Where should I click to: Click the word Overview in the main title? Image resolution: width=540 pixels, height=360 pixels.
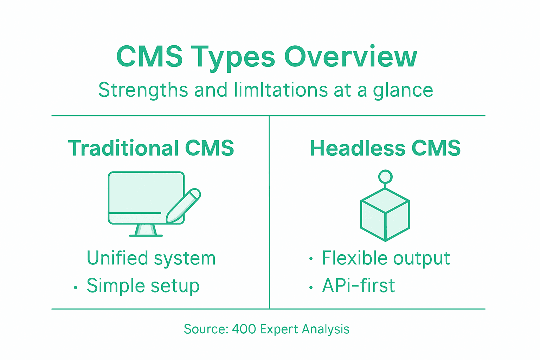pyautogui.click(x=351, y=57)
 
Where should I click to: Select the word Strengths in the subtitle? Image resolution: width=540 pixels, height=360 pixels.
pyautogui.click(x=143, y=90)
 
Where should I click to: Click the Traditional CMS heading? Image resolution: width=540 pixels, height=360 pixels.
pyautogui.click(x=151, y=148)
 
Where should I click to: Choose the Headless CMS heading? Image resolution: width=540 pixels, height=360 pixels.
pyautogui.click(x=385, y=148)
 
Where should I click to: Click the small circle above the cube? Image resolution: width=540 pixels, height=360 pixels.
pyautogui.click(x=385, y=176)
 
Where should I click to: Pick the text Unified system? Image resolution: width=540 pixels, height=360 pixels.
pyautogui.click(x=151, y=258)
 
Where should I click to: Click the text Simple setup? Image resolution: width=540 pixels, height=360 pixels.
pyautogui.click(x=143, y=286)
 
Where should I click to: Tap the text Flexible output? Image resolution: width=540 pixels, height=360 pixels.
pyautogui.click(x=386, y=258)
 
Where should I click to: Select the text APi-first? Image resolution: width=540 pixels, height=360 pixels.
pyautogui.click(x=358, y=286)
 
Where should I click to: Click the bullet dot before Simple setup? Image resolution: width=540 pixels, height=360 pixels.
pyautogui.click(x=76, y=288)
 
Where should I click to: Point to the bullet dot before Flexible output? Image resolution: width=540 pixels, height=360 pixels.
pyautogui.click(x=311, y=259)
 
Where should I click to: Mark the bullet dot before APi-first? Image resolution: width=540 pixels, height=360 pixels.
pyautogui.click(x=311, y=288)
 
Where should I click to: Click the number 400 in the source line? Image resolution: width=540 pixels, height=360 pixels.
pyautogui.click(x=244, y=329)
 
